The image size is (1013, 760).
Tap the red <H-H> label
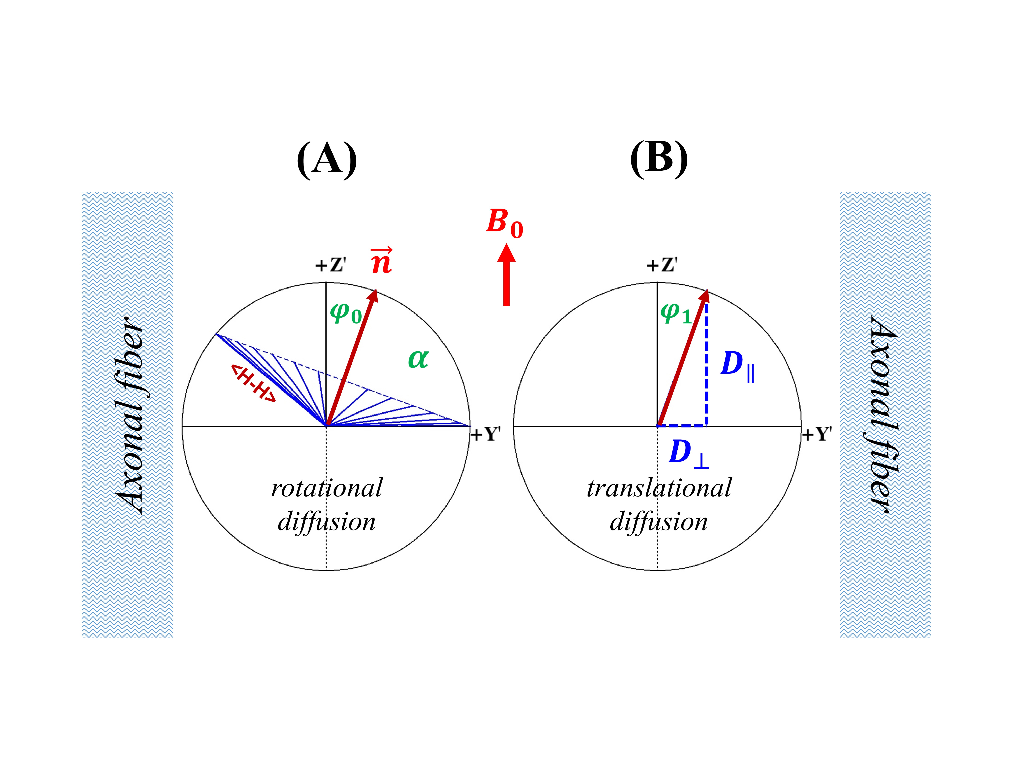tap(253, 383)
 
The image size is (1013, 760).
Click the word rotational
tap(327, 488)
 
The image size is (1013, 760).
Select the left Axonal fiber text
tap(128, 415)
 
